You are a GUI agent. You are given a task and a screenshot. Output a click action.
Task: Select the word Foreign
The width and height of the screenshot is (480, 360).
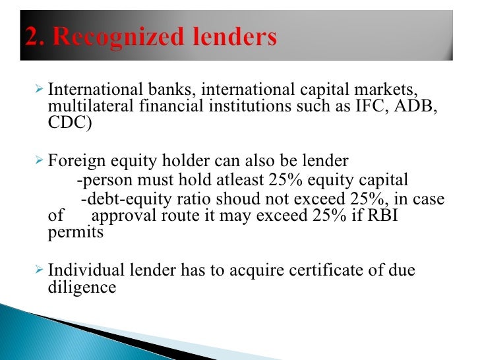(x=77, y=161)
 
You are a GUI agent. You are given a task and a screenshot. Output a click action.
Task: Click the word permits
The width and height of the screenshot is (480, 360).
(x=76, y=233)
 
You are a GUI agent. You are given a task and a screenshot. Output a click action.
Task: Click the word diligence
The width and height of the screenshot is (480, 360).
(x=82, y=288)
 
